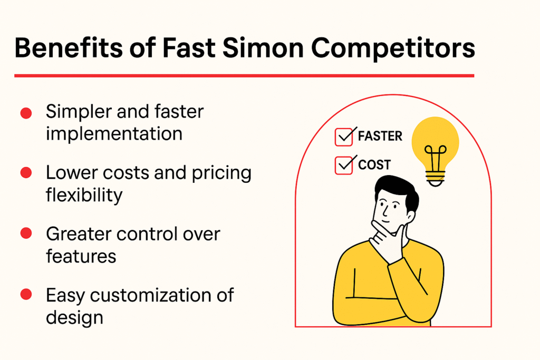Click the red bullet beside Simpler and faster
25,113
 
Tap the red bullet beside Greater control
25,234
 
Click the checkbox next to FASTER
344,137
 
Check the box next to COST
344,166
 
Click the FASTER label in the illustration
380,136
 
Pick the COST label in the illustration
374,165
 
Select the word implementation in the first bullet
114,133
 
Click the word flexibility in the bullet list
84,194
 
